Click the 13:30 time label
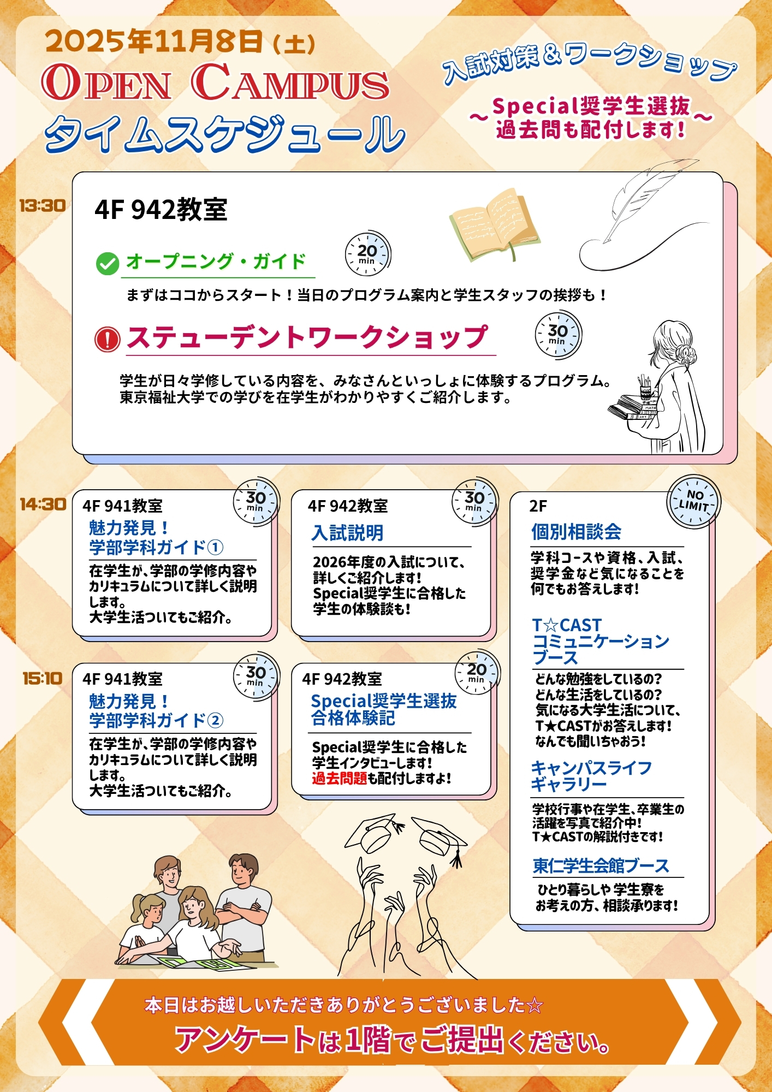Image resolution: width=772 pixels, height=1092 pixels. pos(42,206)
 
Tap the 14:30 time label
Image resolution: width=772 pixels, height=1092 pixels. pos(43,504)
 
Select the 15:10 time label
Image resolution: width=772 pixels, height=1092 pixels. pos(43,679)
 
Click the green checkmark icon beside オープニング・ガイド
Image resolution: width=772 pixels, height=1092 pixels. pos(107,264)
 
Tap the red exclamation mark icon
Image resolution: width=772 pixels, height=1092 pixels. pos(107,339)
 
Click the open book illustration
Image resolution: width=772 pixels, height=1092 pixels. pos(494,224)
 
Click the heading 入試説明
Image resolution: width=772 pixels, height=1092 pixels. pos(348,533)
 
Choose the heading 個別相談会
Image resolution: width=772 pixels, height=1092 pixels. pos(576,532)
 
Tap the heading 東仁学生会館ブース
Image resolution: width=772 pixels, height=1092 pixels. pos(601,866)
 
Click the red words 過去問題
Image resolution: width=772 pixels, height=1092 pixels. pos(339,778)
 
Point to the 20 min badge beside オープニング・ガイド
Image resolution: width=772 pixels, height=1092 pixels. pos(367,254)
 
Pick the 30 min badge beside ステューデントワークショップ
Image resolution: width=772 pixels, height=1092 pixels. pos(558,335)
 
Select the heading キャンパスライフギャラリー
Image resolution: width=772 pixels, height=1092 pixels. pos(591,776)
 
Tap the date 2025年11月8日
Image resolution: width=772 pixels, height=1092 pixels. pos(155,41)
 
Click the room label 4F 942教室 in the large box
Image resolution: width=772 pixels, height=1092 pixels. pos(161,210)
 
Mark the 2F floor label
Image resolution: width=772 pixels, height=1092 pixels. pos(538,506)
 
